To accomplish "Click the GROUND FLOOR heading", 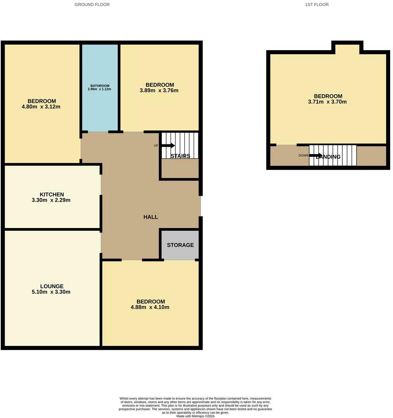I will pyautogui.click(x=92, y=5).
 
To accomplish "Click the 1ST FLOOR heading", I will pyautogui.click(x=317, y=5).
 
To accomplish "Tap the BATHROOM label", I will pyautogui.click(x=100, y=86).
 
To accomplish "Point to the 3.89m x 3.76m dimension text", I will pyautogui.click(x=159, y=91).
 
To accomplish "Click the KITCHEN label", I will pyautogui.click(x=52, y=194).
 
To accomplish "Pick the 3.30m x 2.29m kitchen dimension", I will pyautogui.click(x=52, y=200).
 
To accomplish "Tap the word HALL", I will pyautogui.click(x=151, y=217).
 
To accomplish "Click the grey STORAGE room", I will pyautogui.click(x=180, y=245).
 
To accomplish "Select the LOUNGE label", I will pyautogui.click(x=52, y=286).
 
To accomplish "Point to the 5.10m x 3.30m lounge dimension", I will pyautogui.click(x=52, y=292).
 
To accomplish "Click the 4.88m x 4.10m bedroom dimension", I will pyautogui.click(x=151, y=307).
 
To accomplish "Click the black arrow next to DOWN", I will pyautogui.click(x=315, y=155).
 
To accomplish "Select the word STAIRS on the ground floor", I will pyautogui.click(x=180, y=156).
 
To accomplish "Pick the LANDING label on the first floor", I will pyautogui.click(x=328, y=157).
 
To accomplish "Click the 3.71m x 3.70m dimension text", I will pyautogui.click(x=328, y=102).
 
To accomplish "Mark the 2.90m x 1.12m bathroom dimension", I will pyautogui.click(x=100, y=89).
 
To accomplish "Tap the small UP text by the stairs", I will pyautogui.click(x=156, y=146).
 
